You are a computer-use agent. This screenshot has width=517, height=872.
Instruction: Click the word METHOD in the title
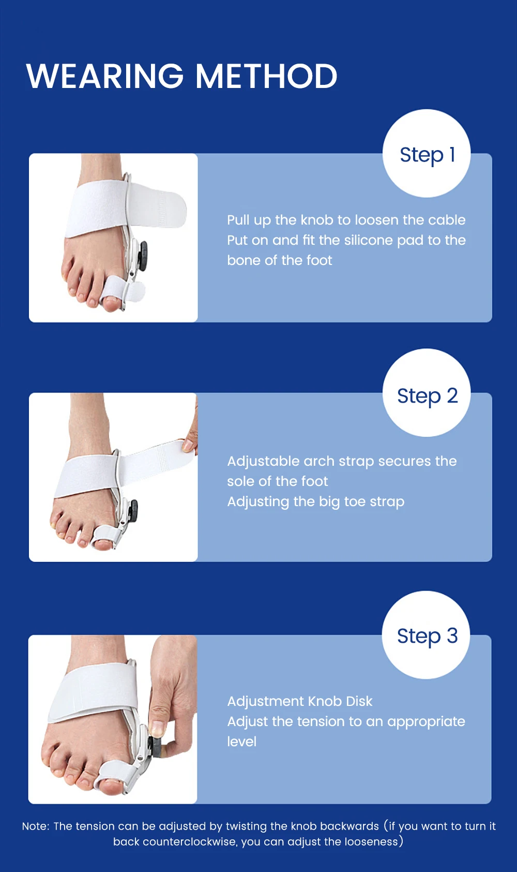(x=266, y=76)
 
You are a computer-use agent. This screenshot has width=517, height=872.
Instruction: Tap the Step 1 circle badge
(x=427, y=154)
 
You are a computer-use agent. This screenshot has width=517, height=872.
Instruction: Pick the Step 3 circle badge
(x=426, y=635)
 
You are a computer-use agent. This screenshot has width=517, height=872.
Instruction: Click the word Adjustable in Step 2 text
(x=263, y=461)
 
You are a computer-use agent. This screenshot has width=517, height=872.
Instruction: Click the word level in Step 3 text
(x=241, y=742)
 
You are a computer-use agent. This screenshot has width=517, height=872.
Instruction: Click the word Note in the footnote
(x=35, y=826)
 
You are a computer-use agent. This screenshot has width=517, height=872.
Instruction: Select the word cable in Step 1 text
(x=447, y=220)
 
